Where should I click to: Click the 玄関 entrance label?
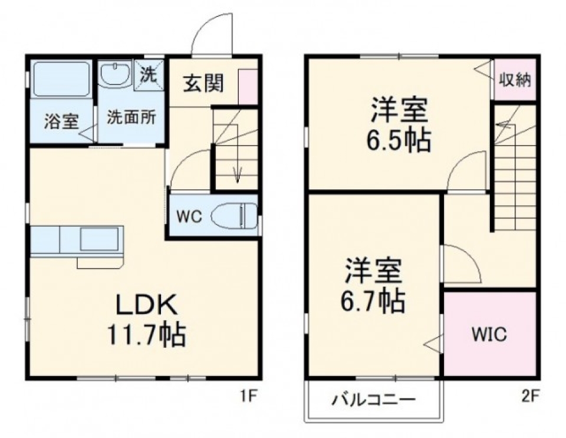tap(203, 84)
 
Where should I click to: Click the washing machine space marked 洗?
tap(149, 75)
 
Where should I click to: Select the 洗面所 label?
tap(131, 117)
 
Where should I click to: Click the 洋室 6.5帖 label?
tap(399, 125)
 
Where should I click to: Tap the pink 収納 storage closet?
tap(515, 80)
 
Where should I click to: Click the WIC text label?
tap(489, 335)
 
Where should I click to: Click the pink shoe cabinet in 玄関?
tap(248, 87)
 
